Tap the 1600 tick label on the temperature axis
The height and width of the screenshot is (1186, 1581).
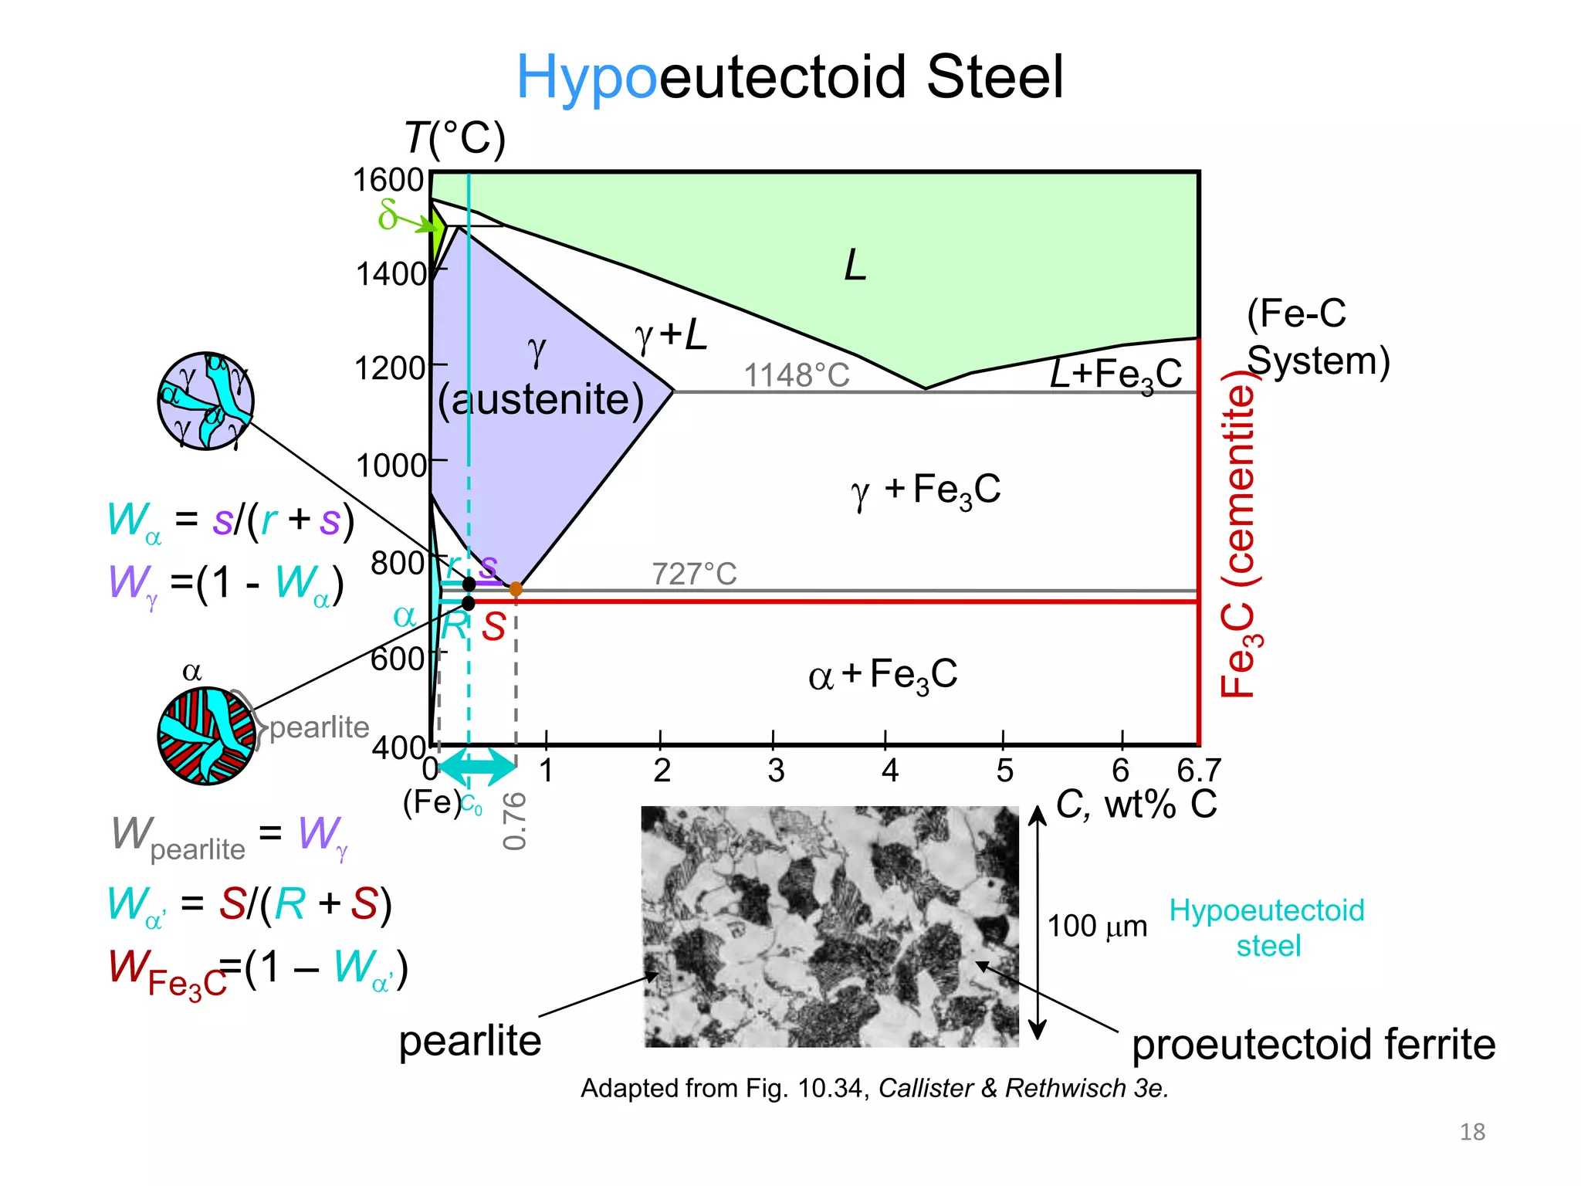click(x=388, y=180)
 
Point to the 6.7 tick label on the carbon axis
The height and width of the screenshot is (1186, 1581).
click(x=1199, y=770)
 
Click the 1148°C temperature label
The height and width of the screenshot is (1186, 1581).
click(x=796, y=375)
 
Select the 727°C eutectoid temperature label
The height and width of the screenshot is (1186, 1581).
click(x=694, y=574)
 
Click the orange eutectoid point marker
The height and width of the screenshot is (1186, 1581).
click(x=516, y=589)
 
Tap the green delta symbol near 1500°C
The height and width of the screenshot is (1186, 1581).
click(x=388, y=215)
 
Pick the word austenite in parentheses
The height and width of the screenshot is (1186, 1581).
click(x=540, y=399)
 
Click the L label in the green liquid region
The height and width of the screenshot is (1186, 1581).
click(x=855, y=266)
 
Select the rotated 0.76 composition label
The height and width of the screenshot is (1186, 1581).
click(x=514, y=820)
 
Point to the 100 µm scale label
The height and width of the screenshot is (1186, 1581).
click(x=1097, y=925)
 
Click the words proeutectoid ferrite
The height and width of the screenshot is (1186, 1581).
click(x=1313, y=1044)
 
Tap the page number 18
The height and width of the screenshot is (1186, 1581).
click(x=1472, y=1132)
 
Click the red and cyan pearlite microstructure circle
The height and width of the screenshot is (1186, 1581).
click(x=206, y=736)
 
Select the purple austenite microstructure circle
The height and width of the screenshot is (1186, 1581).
click(x=205, y=401)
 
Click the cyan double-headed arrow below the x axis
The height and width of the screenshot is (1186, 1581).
click(x=477, y=766)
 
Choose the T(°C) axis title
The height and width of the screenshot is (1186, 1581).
click(x=455, y=139)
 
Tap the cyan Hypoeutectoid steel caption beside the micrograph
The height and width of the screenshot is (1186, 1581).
click(x=1267, y=927)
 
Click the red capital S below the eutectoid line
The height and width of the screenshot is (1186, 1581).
click(x=493, y=626)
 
